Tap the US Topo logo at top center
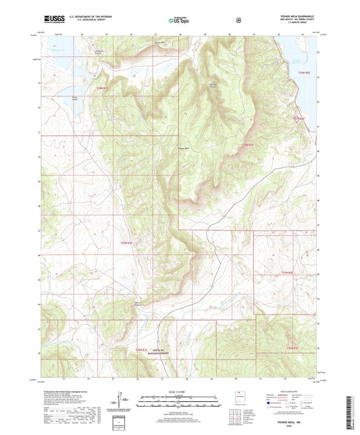click(179, 21)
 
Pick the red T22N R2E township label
click(291, 347)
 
